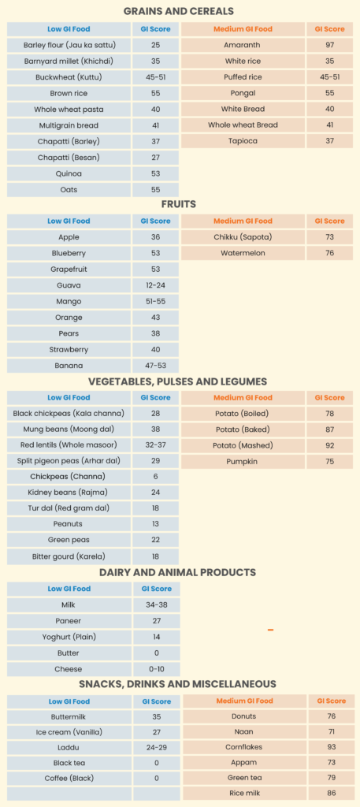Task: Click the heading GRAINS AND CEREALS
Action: [x=180, y=11]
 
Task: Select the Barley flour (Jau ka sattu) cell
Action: [x=69, y=45]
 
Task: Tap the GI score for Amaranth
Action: [x=329, y=45]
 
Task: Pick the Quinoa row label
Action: [x=69, y=173]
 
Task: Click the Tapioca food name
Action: [x=243, y=141]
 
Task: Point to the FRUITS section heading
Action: [x=180, y=204]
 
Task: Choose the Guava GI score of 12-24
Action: [x=155, y=285]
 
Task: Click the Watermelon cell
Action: [x=243, y=253]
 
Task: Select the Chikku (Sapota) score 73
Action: [x=329, y=237]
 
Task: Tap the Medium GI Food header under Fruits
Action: [x=243, y=221]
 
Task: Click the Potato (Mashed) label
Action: [x=243, y=445]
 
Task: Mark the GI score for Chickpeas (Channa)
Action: [x=155, y=477]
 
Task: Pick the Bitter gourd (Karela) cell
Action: [x=69, y=556]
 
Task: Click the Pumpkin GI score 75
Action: [x=329, y=461]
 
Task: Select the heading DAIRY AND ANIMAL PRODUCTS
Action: [x=180, y=572]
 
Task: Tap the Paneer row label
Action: [x=69, y=621]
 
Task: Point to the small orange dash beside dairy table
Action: [x=270, y=630]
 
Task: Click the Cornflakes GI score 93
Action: [x=331, y=746]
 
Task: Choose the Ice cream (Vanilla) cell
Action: [x=69, y=733]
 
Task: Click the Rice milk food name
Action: [x=244, y=794]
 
